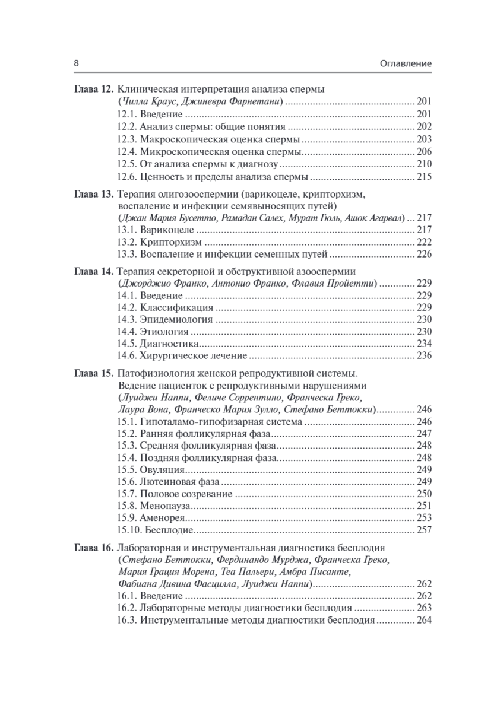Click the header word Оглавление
coord(402,63)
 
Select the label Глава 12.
coord(93,90)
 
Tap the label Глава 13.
coord(93,194)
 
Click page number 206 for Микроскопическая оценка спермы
coord(424,151)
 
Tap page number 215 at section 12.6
coord(424,177)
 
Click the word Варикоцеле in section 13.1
coord(167,230)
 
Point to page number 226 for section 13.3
coord(424,255)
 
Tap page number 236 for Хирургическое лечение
coord(424,357)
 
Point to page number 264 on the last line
coord(424,621)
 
